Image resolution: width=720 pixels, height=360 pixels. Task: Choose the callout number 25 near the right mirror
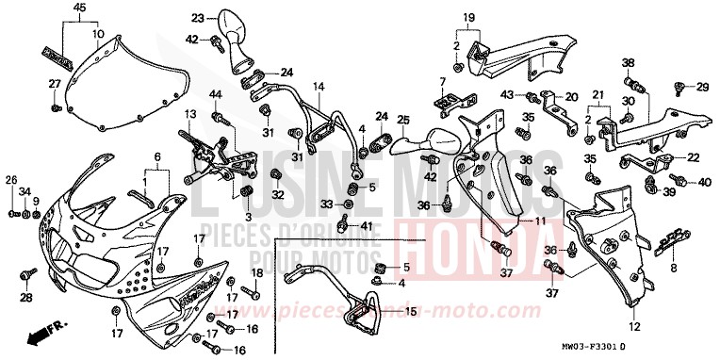(x=402, y=120)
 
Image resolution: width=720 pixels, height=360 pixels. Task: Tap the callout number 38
(x=627, y=63)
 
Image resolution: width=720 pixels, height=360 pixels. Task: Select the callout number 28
(x=25, y=299)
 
